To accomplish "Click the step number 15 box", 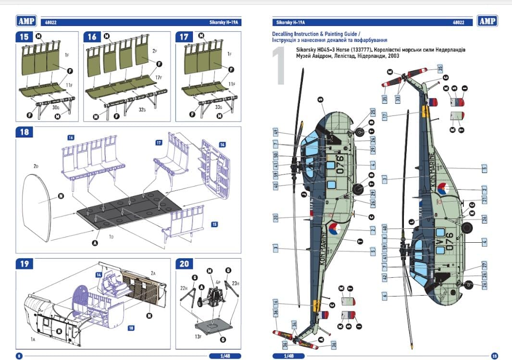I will (24, 37).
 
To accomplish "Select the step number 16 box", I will (92, 37).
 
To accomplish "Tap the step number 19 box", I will (24, 264).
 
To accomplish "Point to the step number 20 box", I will (184, 264).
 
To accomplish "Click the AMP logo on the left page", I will (26, 21).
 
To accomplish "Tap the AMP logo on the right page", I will (487, 21).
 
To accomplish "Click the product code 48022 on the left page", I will (50, 22).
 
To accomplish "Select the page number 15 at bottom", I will (494, 356).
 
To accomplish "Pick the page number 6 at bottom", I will (19, 356).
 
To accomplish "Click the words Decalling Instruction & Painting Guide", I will (314, 35).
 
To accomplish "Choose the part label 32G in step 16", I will (142, 110).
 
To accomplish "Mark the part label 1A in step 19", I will (33, 339).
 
